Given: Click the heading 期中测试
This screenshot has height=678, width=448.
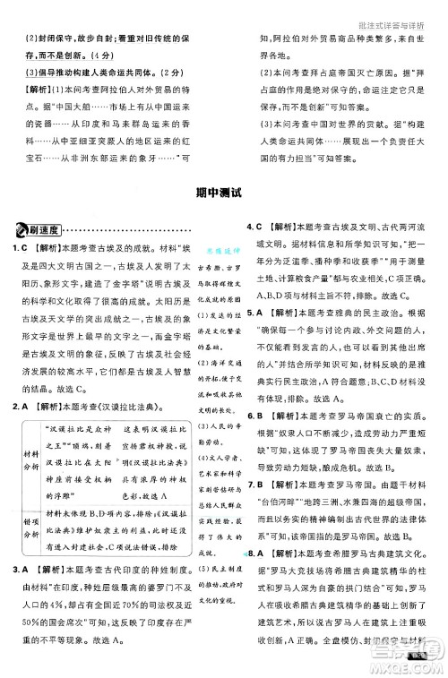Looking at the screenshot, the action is [x=224, y=192].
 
